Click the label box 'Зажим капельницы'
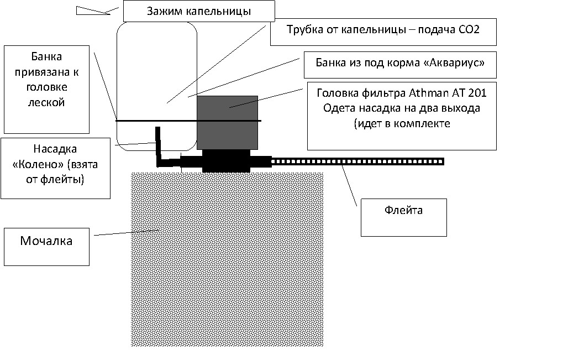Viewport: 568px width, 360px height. pos(199,11)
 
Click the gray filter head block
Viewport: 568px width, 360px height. pos(227,122)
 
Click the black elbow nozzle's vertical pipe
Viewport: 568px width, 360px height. pos(158,144)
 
